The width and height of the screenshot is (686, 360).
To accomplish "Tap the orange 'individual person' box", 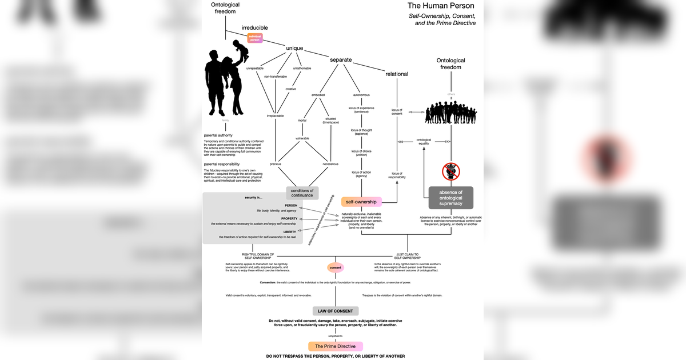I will [255, 37].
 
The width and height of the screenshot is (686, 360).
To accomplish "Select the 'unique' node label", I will [294, 48].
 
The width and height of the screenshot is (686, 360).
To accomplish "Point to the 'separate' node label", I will [341, 59].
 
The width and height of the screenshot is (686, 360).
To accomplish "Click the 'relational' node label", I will [397, 74].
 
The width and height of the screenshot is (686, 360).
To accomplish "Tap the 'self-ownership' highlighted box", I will [361, 202].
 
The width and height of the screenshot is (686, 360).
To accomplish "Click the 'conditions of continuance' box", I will [302, 193].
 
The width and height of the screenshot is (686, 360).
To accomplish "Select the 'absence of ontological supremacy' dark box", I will [451, 198].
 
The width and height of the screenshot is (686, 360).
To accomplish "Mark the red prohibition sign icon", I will [451, 170].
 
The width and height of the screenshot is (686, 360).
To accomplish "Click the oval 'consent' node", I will [336, 267].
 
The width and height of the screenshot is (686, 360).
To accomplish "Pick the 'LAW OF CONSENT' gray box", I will [336, 311].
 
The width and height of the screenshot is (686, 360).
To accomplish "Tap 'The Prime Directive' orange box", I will [336, 346].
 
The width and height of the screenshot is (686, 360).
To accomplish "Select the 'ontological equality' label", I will [424, 141].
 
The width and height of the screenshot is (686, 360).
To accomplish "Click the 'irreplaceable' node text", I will [275, 115].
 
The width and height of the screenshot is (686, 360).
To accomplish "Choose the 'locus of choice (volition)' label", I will [361, 153].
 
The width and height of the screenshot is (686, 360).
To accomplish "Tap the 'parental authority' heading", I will [218, 135].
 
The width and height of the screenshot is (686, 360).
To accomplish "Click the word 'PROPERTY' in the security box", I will [289, 218].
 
